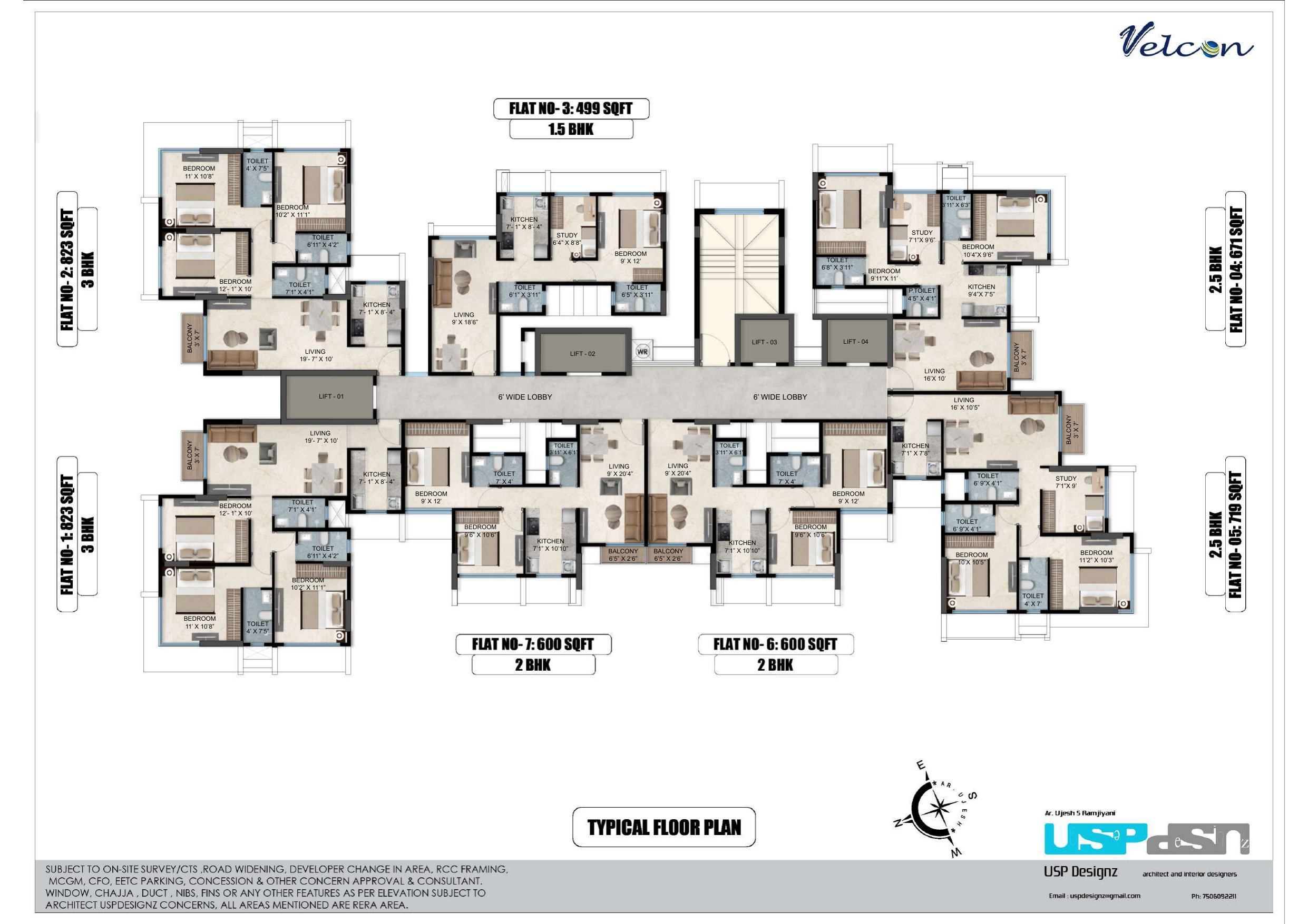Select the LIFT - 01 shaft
[x=330, y=396]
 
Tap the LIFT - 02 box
[x=583, y=354]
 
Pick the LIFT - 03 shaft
[x=764, y=342]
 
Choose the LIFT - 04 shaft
[x=856, y=342]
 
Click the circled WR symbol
[x=642, y=352]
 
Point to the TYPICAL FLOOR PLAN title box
[x=664, y=827]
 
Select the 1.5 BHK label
[x=571, y=129]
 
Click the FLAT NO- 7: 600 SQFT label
[x=533, y=644]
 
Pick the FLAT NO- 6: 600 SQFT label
[x=775, y=644]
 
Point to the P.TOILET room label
[x=922, y=294]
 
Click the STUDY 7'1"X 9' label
[x=1066, y=482]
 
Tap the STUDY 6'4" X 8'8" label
[x=567, y=239]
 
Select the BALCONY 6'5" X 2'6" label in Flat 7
[x=623, y=555]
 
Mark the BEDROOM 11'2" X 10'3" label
[x=1096, y=556]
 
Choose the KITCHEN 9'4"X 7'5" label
[x=982, y=290]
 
